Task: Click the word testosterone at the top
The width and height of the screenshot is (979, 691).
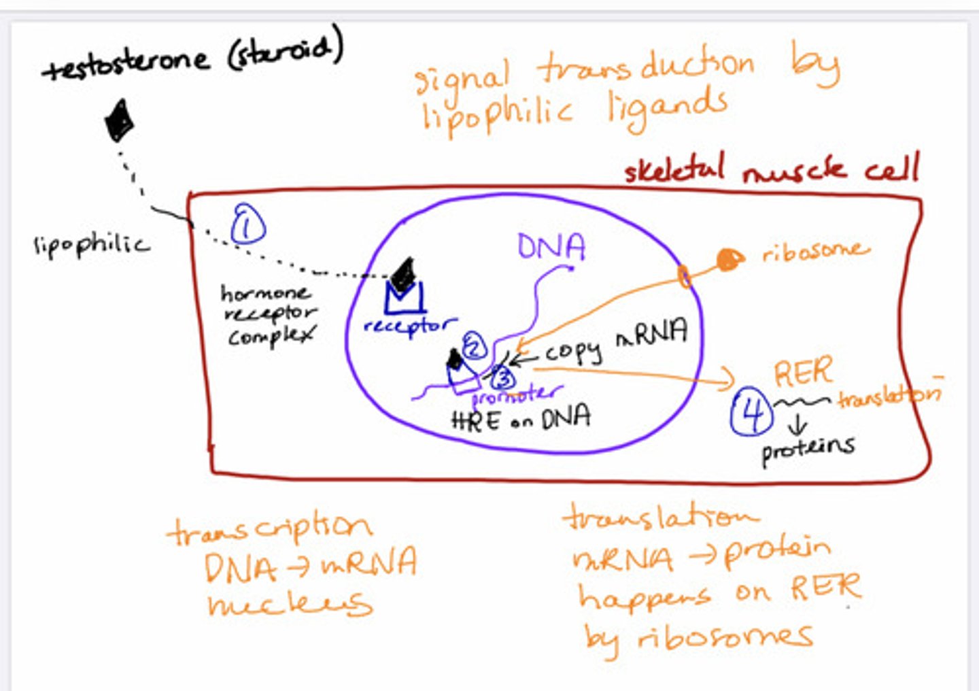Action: [x=126, y=63]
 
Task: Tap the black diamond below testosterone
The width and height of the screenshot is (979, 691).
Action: [x=119, y=120]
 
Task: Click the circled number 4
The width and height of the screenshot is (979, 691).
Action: [x=751, y=412]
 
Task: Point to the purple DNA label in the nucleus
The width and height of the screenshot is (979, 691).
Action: [x=551, y=246]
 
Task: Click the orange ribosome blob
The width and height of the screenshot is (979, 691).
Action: [x=728, y=259]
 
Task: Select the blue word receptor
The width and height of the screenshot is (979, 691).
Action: [x=409, y=325]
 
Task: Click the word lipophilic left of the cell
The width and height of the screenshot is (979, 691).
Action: [x=91, y=244]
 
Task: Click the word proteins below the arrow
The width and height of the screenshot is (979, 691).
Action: [x=808, y=449]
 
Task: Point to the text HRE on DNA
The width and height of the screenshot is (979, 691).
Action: [x=521, y=418]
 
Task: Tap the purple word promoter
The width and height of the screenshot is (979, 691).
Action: [x=517, y=394]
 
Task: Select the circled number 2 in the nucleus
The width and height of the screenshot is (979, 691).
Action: [x=474, y=347]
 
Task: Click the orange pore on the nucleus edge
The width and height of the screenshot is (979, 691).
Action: [x=684, y=276]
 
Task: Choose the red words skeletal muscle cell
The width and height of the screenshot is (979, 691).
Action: [x=771, y=169]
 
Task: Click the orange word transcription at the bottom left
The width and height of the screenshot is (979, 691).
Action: [x=269, y=528]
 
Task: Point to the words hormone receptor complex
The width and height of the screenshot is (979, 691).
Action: [x=268, y=314]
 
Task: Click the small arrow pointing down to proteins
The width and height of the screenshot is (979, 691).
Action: [x=797, y=426]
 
